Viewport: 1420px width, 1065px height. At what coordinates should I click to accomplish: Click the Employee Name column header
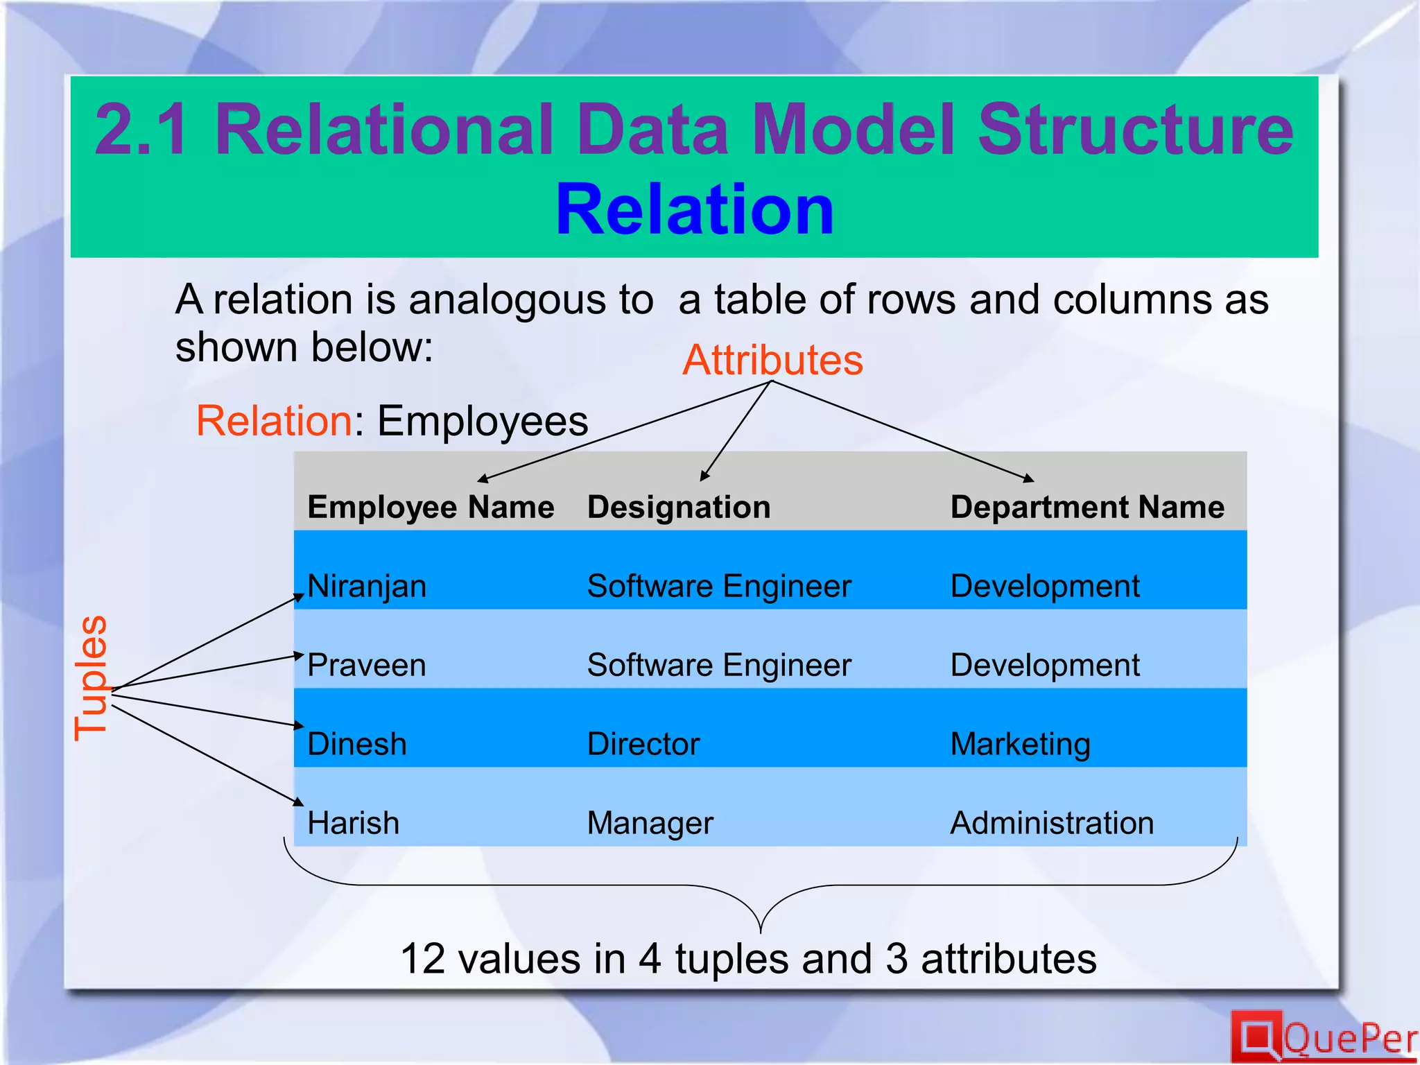click(x=431, y=508)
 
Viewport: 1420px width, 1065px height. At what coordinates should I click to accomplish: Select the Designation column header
click(x=679, y=508)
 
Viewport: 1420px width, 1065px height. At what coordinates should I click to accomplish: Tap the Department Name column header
click(x=1087, y=508)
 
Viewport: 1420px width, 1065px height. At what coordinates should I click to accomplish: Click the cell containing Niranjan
click(x=367, y=587)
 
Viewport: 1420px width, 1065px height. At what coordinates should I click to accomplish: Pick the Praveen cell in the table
click(x=367, y=666)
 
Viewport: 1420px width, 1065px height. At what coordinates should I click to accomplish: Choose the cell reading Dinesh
click(x=357, y=745)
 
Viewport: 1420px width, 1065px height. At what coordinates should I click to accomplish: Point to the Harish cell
click(x=354, y=824)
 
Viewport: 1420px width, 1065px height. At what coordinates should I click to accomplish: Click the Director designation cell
click(x=643, y=745)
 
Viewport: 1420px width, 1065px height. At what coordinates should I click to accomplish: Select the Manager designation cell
click(x=650, y=824)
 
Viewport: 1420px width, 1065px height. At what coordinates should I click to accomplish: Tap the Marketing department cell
click(x=1021, y=745)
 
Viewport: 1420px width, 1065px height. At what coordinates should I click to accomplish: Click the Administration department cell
click(x=1052, y=824)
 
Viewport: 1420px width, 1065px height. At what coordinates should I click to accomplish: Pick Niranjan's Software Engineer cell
click(x=719, y=587)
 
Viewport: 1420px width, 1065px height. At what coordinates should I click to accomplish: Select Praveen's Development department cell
click(x=1045, y=666)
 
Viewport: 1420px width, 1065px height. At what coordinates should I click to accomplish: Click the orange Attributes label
click(x=772, y=361)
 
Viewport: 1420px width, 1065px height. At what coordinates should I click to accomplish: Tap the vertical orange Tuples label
click(x=92, y=677)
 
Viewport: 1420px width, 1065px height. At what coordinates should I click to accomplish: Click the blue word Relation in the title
click(x=695, y=209)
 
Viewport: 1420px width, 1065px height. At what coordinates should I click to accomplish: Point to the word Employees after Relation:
click(x=483, y=421)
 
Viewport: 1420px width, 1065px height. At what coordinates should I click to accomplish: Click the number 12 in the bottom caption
click(x=422, y=959)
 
